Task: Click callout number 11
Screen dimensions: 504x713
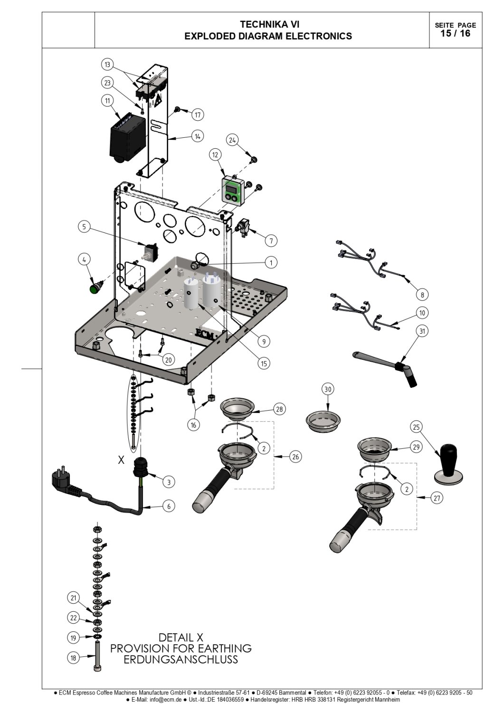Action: [x=107, y=101]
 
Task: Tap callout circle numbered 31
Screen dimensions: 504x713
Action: [x=422, y=331]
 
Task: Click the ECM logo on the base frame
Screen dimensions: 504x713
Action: [x=205, y=334]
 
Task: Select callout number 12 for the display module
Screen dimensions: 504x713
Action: [x=215, y=154]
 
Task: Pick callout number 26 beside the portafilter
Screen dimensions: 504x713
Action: [x=295, y=457]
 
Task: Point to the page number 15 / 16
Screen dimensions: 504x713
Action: [x=456, y=33]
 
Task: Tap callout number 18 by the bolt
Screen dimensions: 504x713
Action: [x=74, y=657]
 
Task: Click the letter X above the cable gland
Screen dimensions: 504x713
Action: [x=121, y=460]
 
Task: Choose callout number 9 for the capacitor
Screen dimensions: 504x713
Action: [x=264, y=342]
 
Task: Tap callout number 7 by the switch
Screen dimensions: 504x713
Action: [x=271, y=241]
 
